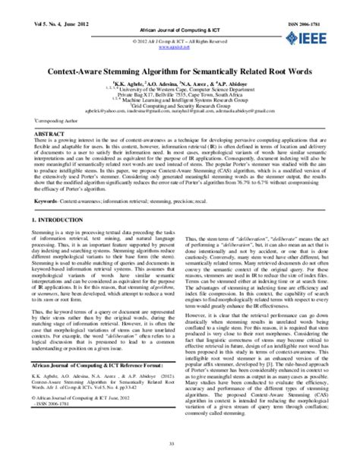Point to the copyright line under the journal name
click(x=179, y=34)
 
